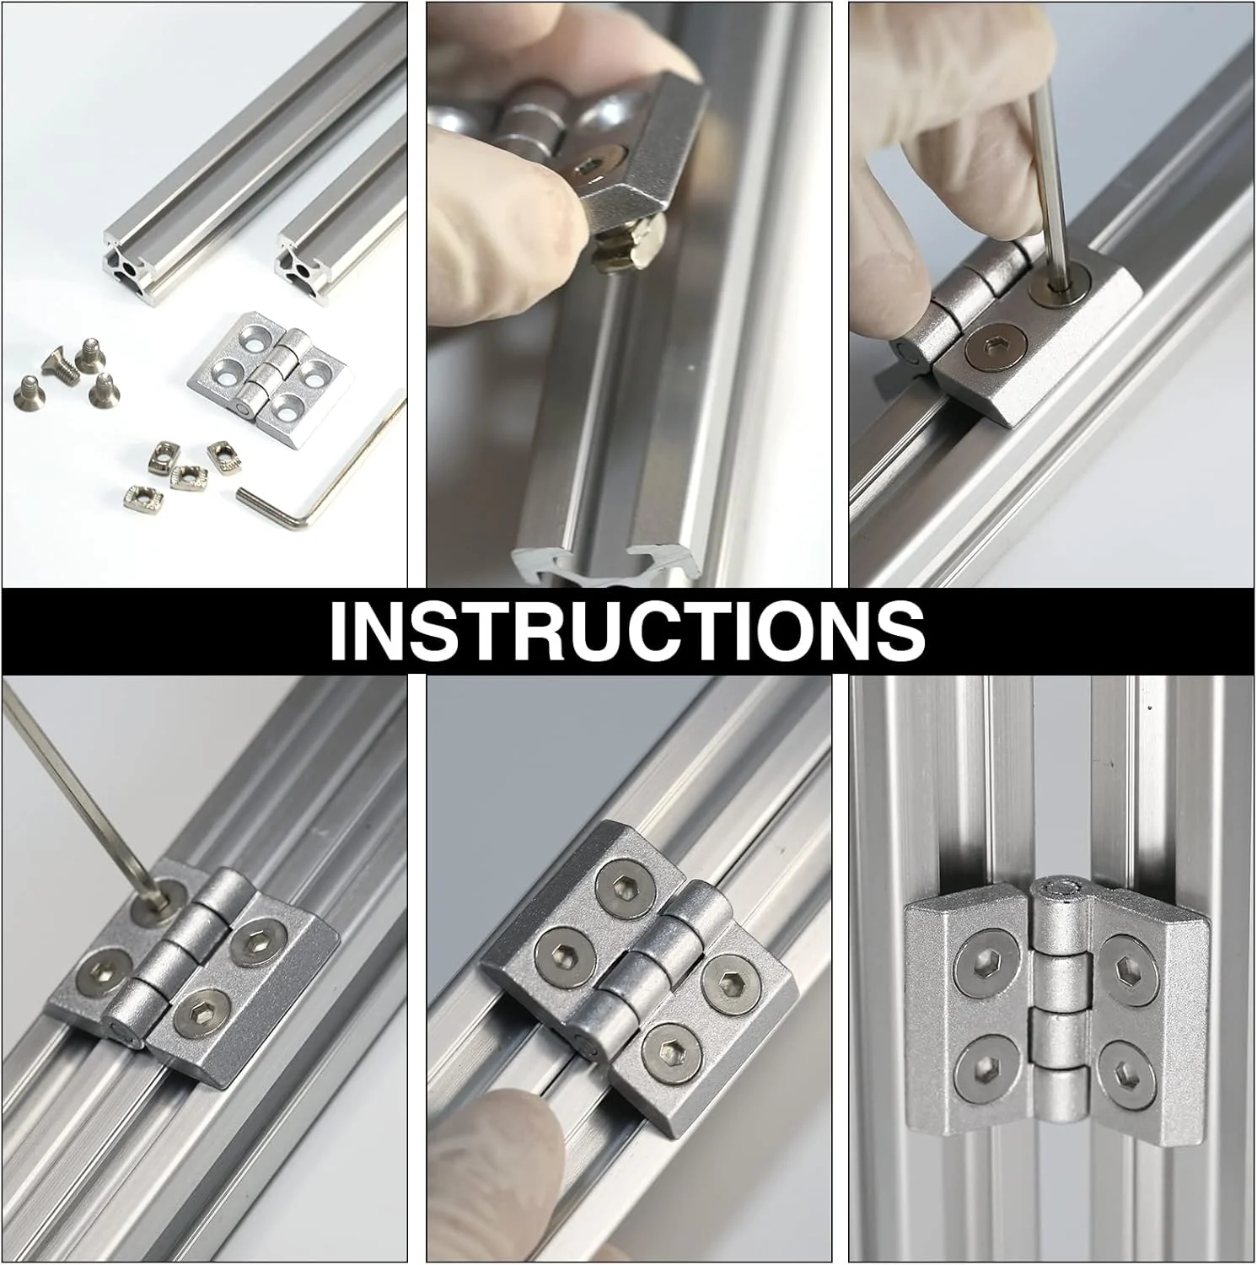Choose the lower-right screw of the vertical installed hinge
pos(1129,1071)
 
